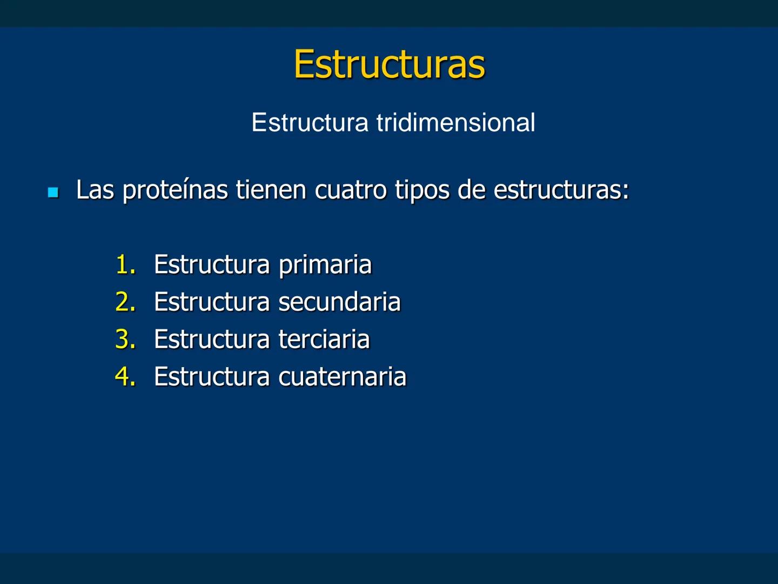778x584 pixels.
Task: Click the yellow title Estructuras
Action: [389, 64]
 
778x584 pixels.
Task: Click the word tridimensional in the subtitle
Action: [455, 123]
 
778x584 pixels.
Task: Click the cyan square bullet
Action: [53, 192]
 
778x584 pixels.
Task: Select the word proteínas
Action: [175, 190]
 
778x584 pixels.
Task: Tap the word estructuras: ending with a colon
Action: [561, 190]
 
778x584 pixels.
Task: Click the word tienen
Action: [271, 190]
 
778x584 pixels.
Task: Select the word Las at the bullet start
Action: [95, 190]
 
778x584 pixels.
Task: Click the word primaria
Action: [325, 265]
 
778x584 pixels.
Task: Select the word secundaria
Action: [339, 302]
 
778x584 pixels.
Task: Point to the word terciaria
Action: [324, 340]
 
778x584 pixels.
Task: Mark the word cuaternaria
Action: [342, 377]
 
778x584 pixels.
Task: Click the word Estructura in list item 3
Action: [211, 340]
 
